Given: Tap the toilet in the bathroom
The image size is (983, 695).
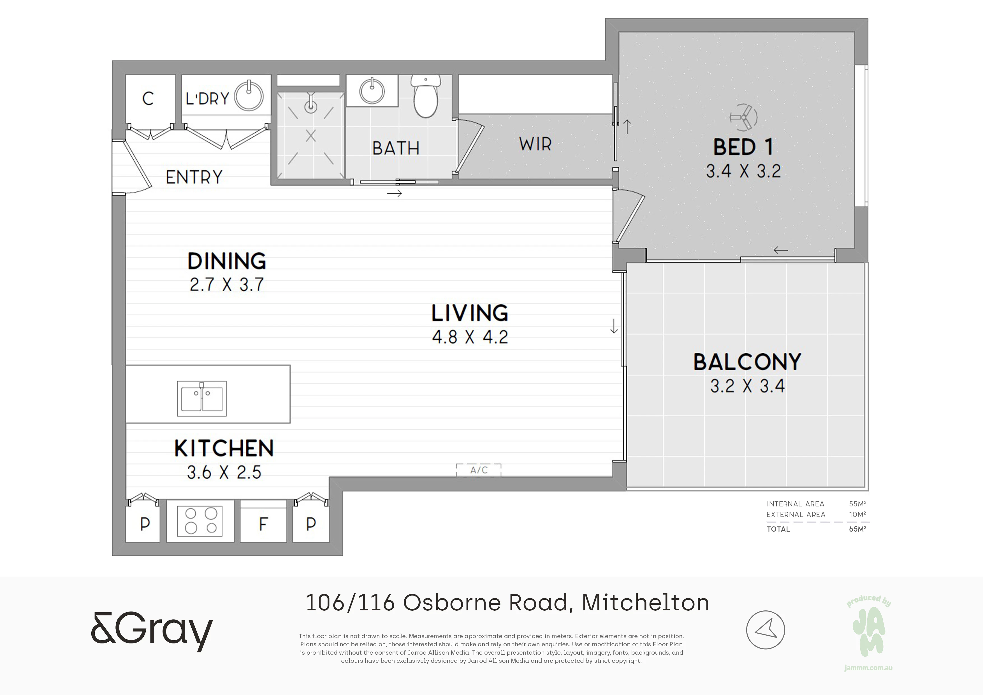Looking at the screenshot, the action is pos(426,96).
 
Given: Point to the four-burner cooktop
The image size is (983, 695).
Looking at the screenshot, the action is pos(200,521).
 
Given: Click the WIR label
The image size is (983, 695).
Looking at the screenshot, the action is pos(535,144).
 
